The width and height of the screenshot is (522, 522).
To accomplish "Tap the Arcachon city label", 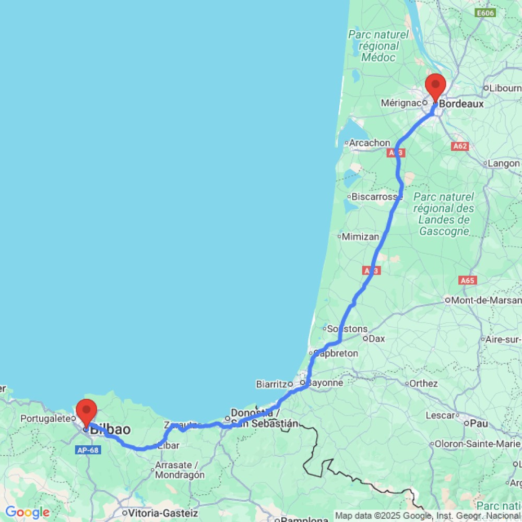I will point(370,143).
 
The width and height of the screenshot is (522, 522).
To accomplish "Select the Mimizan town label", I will point(360,236).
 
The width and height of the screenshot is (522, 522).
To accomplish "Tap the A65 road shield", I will point(468,280).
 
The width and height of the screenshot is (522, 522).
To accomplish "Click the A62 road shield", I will point(460,147).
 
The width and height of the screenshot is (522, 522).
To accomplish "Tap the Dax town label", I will point(376,338).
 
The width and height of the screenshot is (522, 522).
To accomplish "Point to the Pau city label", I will point(479,423).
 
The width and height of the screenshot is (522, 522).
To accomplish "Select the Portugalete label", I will point(45,419).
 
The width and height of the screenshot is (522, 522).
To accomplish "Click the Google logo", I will point(27,513).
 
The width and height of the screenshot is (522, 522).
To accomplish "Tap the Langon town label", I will point(504,163).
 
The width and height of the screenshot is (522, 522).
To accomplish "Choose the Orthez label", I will point(423,384).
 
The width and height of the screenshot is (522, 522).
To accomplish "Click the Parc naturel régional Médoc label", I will point(379,45).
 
